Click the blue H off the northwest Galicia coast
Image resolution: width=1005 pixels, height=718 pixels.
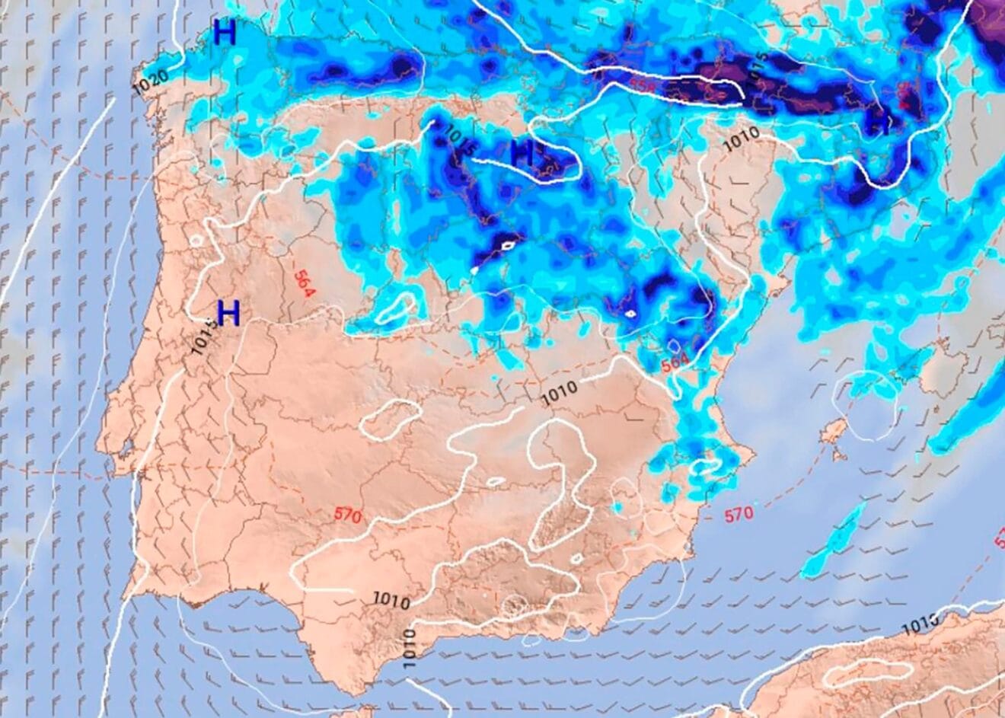coord(225,33)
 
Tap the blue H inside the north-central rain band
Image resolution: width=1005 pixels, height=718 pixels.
coord(522,153)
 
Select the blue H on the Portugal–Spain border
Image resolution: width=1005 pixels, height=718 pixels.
coord(228,312)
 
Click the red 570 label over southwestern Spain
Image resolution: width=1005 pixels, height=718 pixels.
coord(347,515)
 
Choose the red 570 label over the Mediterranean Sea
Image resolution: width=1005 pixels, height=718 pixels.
coord(738,514)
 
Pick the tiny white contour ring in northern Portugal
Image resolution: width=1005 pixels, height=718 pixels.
coord(196,241)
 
